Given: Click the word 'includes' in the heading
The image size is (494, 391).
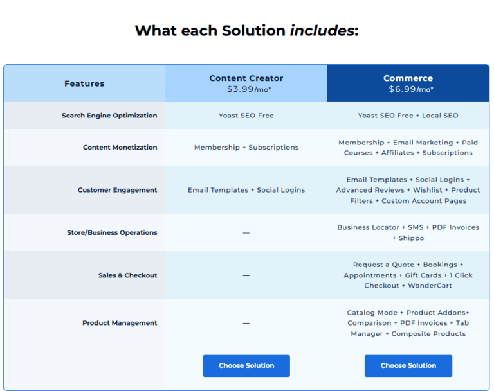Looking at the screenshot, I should pos(322,30).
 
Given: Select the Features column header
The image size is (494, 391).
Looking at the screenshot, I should pos(84,83).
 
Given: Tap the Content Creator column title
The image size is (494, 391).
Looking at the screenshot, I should pos(246,78).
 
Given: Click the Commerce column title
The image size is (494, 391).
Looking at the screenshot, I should pos(408,78).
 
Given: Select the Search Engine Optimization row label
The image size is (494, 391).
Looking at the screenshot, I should pos(109,116).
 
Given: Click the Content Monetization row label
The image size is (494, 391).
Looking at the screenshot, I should pos(120,148).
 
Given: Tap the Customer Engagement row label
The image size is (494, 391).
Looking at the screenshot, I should pos(117,190).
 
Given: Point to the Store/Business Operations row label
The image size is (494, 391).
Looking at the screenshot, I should pos(112,232).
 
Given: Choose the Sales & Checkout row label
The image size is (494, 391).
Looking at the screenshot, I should pos(127,275).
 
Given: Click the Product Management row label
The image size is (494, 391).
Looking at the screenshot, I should pos(120,323).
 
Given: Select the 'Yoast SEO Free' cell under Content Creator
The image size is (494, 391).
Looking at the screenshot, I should pos(246,116).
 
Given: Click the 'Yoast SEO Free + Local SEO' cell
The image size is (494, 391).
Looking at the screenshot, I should pos(408,116).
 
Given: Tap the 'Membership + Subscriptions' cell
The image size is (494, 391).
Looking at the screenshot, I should pos(246,148).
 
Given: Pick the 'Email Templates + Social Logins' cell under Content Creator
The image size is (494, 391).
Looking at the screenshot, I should pos(246,190).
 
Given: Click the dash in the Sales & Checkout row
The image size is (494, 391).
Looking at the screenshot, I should pos(246,275).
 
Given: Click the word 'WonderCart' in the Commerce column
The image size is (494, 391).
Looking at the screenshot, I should pos(430,286).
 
